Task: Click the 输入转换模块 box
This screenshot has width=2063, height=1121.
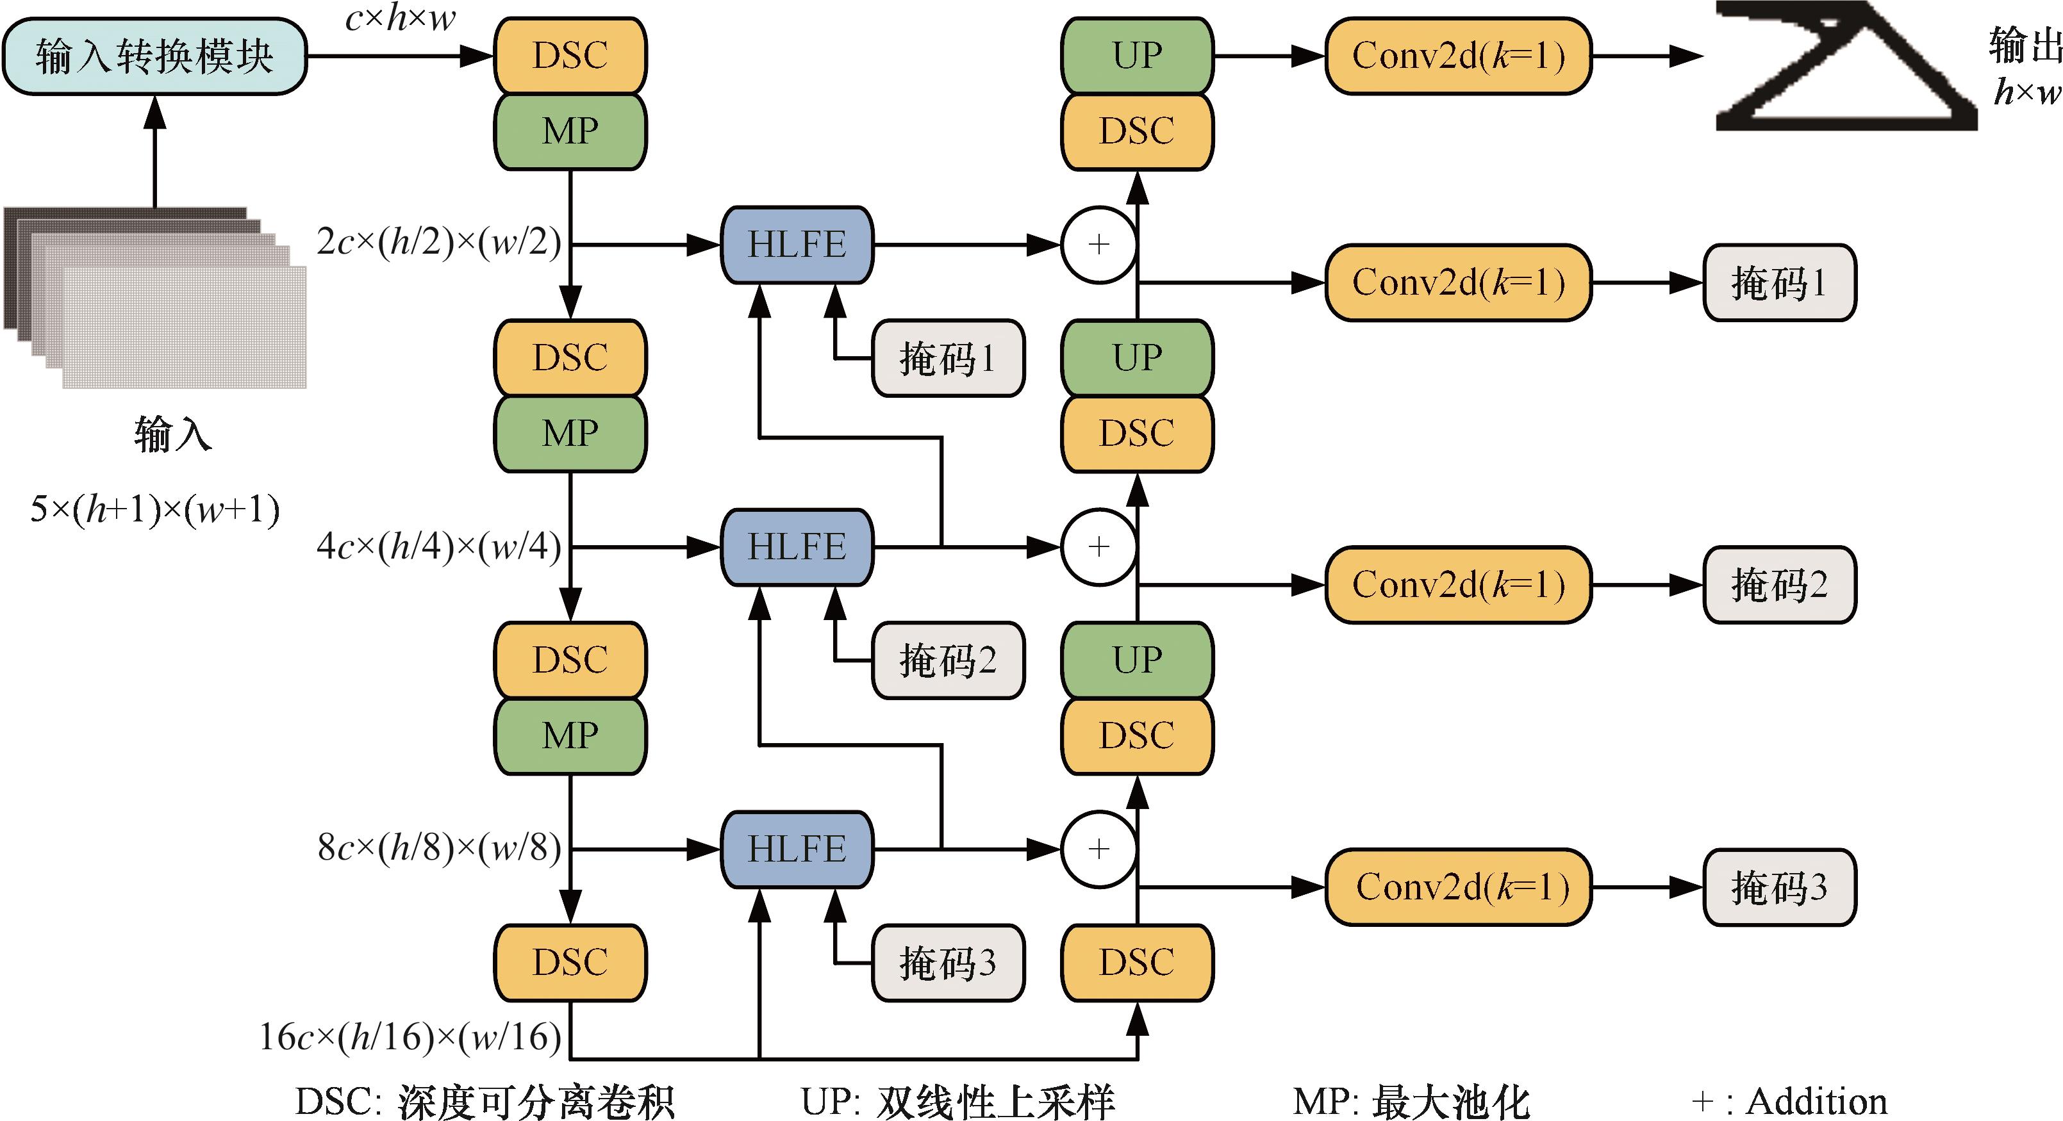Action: [x=154, y=57]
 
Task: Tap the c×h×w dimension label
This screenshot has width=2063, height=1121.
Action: [x=400, y=18]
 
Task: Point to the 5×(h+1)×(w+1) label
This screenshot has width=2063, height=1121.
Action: [x=154, y=509]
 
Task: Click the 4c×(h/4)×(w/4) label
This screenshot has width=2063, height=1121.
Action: [x=439, y=546]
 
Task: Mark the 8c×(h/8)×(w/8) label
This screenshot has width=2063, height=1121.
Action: [x=439, y=847]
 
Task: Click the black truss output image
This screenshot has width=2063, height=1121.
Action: [x=1842, y=68]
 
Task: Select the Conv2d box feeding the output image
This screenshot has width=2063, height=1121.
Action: [x=1457, y=57]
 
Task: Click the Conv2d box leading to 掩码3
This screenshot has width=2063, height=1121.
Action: [x=1457, y=887]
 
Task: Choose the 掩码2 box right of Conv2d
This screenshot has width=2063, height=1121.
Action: [x=1778, y=584]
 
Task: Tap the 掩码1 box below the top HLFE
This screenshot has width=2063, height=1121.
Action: [x=947, y=358]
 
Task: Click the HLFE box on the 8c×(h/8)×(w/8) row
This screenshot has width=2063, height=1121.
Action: [x=797, y=849]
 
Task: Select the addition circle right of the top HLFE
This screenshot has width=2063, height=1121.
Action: [x=1098, y=244]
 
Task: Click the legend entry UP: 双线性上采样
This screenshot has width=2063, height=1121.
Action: [x=957, y=1102]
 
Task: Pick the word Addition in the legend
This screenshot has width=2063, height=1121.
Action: [x=1816, y=1102]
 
